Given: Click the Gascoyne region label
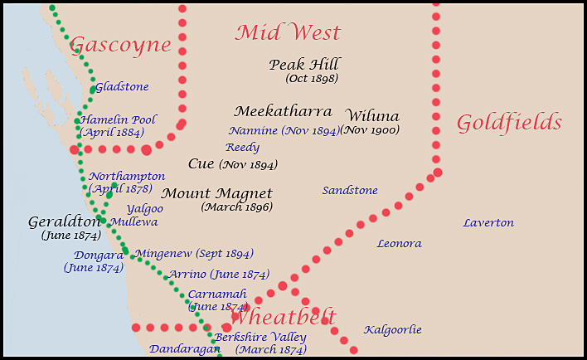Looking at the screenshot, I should [121, 46].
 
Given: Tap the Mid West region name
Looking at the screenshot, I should [288, 33].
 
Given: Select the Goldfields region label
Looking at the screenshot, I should [509, 124].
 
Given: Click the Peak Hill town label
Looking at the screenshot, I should [304, 65].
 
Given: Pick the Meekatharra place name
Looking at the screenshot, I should [283, 111].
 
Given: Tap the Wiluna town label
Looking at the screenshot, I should [372, 115].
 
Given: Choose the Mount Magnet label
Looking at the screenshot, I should [216, 193].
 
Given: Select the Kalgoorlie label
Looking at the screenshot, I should [393, 330].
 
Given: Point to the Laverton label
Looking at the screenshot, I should [488, 223].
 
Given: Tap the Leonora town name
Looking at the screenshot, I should [399, 244].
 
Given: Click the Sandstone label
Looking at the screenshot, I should [350, 191].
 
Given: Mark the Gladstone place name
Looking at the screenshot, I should [122, 86].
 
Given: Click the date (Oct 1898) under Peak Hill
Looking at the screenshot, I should [312, 79].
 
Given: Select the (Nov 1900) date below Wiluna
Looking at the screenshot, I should [371, 130].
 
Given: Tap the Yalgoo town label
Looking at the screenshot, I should [145, 209].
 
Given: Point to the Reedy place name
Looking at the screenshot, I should [242, 148].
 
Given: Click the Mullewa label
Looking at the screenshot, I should [133, 222].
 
